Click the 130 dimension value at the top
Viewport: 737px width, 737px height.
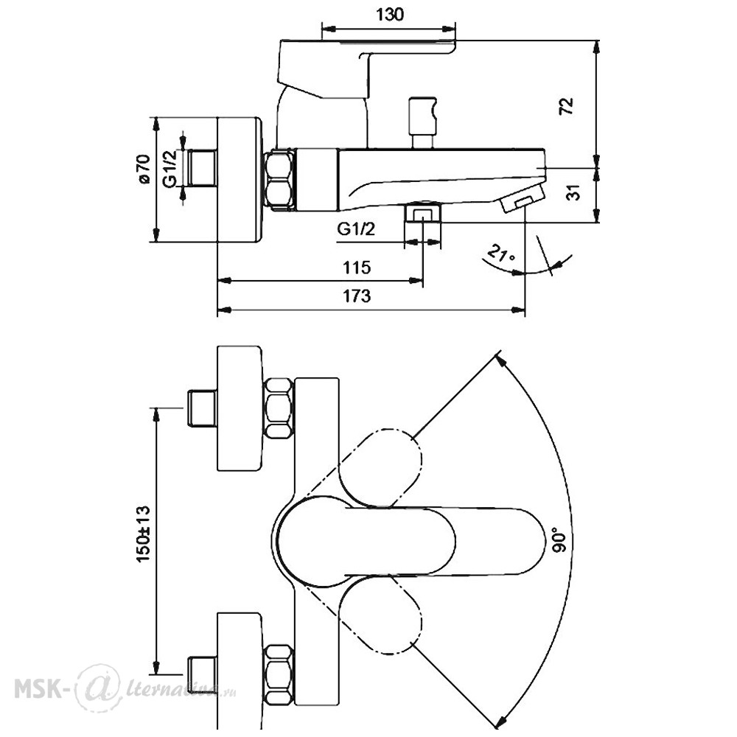(x=390, y=15)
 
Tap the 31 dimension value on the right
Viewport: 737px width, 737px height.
(x=574, y=192)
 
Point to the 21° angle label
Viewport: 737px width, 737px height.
(x=501, y=254)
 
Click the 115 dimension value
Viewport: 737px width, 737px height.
(x=357, y=268)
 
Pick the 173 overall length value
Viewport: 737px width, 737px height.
(x=356, y=296)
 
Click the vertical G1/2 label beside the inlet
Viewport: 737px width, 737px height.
(x=171, y=167)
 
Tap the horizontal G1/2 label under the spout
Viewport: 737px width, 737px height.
(x=356, y=229)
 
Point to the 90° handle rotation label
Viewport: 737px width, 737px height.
(x=560, y=540)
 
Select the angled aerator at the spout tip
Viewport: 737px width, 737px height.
(x=521, y=198)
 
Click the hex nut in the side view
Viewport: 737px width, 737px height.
(x=279, y=178)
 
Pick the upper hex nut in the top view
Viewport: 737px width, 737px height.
(x=279, y=408)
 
